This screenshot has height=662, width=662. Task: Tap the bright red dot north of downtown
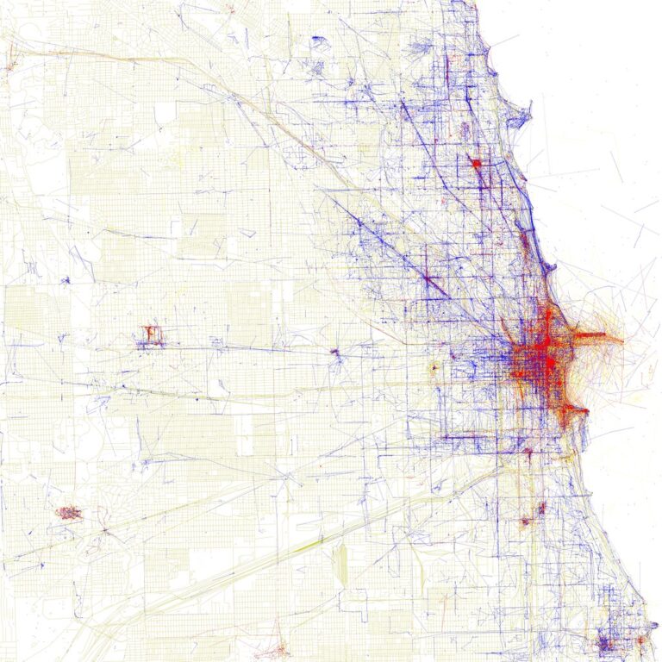tap(474, 162)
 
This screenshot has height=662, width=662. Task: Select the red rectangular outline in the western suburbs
tap(152, 335)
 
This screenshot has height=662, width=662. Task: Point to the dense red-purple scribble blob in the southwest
tap(68, 513)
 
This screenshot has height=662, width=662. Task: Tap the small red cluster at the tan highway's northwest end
tap(11, 66)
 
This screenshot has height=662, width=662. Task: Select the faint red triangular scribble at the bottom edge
tap(278, 646)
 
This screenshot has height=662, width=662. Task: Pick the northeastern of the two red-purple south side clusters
tap(542, 508)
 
